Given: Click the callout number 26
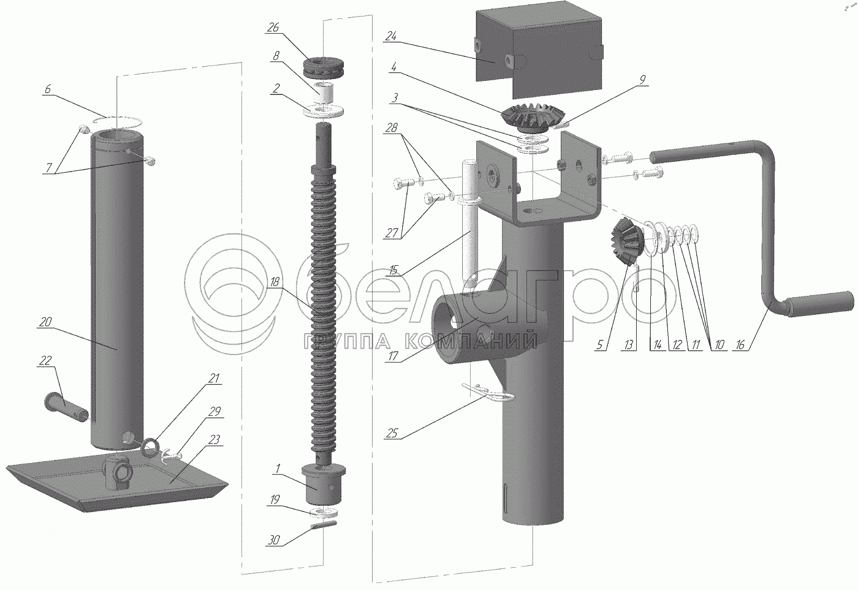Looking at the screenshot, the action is [273, 28].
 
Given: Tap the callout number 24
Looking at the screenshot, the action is [391, 36].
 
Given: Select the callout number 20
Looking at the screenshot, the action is [45, 322].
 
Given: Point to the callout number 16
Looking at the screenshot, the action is [740, 345].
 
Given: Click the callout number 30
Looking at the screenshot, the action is [273, 540].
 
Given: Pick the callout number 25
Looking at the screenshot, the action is [392, 434].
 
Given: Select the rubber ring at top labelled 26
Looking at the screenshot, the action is [324, 68].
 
